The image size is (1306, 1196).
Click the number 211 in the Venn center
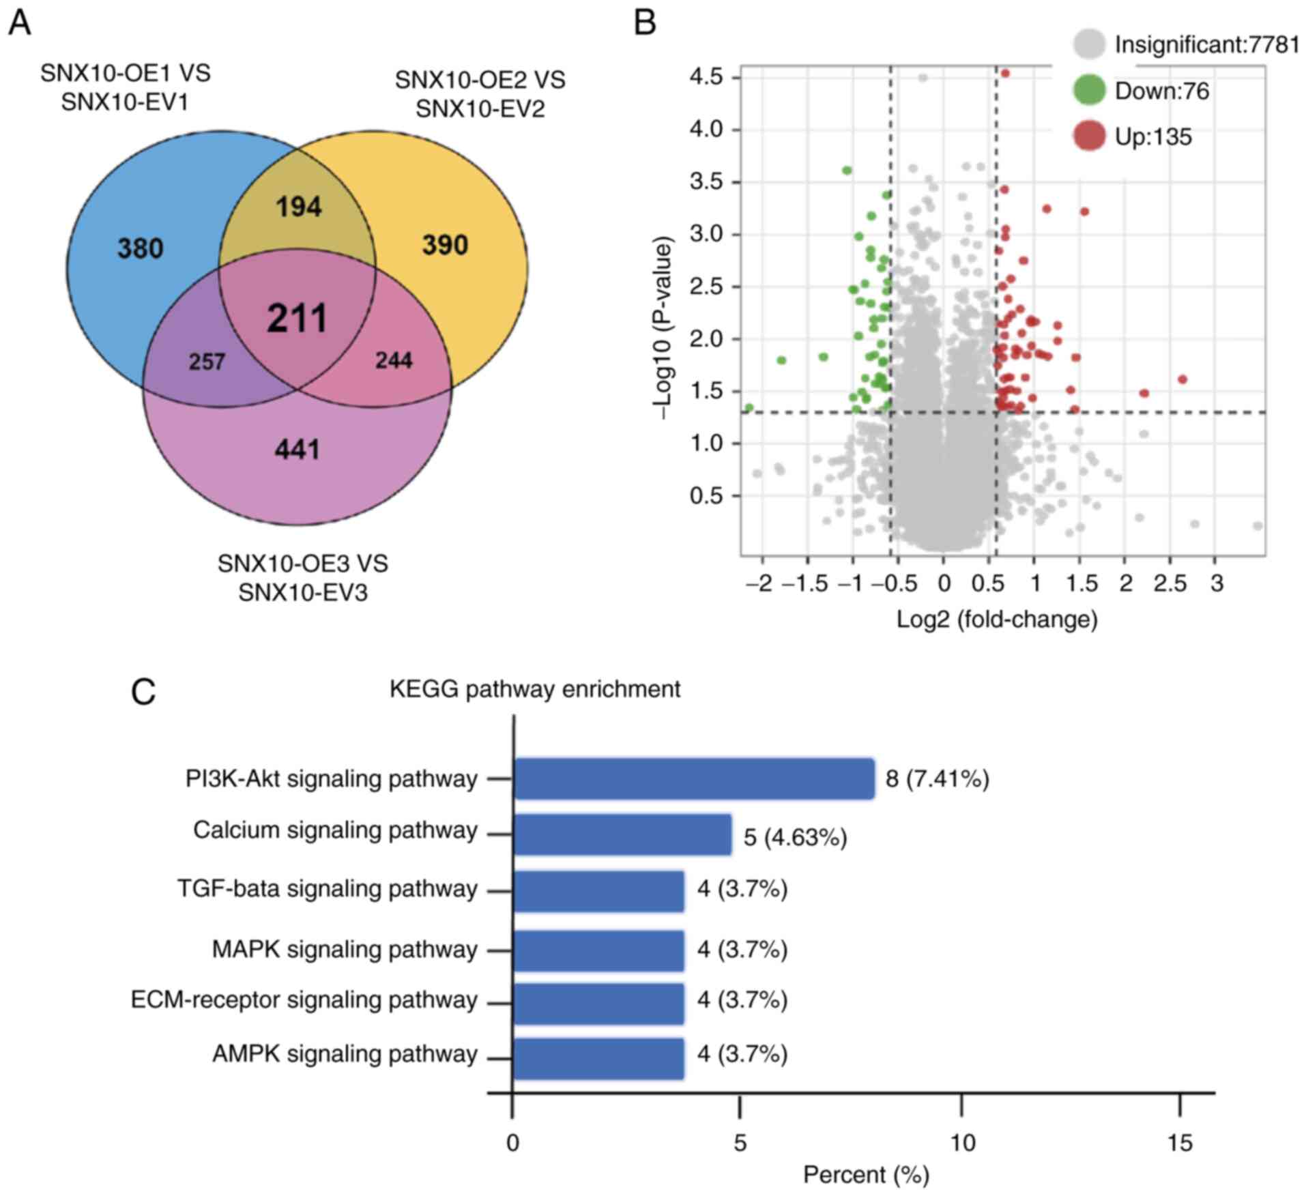pyautogui.click(x=298, y=319)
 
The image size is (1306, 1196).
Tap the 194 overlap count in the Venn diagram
pyautogui.click(x=299, y=207)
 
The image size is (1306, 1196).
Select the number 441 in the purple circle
pyautogui.click(x=298, y=450)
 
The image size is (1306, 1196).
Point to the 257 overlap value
pyautogui.click(x=207, y=361)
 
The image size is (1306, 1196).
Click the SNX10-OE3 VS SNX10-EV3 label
pyautogui.click(x=303, y=578)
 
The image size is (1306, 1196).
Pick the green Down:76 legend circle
pyautogui.click(x=1089, y=91)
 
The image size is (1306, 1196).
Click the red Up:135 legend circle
pyautogui.click(x=1089, y=136)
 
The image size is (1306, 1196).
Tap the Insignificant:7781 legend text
pyautogui.click(x=1206, y=45)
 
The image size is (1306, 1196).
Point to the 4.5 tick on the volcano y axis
pyautogui.click(x=706, y=77)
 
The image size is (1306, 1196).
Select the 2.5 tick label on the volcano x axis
pyautogui.click(x=1171, y=584)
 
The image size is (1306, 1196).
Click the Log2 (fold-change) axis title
pyautogui.click(x=997, y=619)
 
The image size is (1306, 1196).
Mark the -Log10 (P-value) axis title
pyautogui.click(x=663, y=328)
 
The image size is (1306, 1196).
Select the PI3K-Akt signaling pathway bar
pyautogui.click(x=694, y=778)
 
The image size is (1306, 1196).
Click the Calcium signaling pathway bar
pyautogui.click(x=622, y=834)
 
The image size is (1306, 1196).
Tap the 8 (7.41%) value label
pyautogui.click(x=938, y=778)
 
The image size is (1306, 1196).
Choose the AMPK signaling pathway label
pyautogui.click(x=345, y=1054)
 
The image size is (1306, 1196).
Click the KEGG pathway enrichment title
pyautogui.click(x=535, y=689)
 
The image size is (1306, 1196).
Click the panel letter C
pyautogui.click(x=143, y=692)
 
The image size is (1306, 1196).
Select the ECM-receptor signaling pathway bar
pyautogui.click(x=598, y=1004)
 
